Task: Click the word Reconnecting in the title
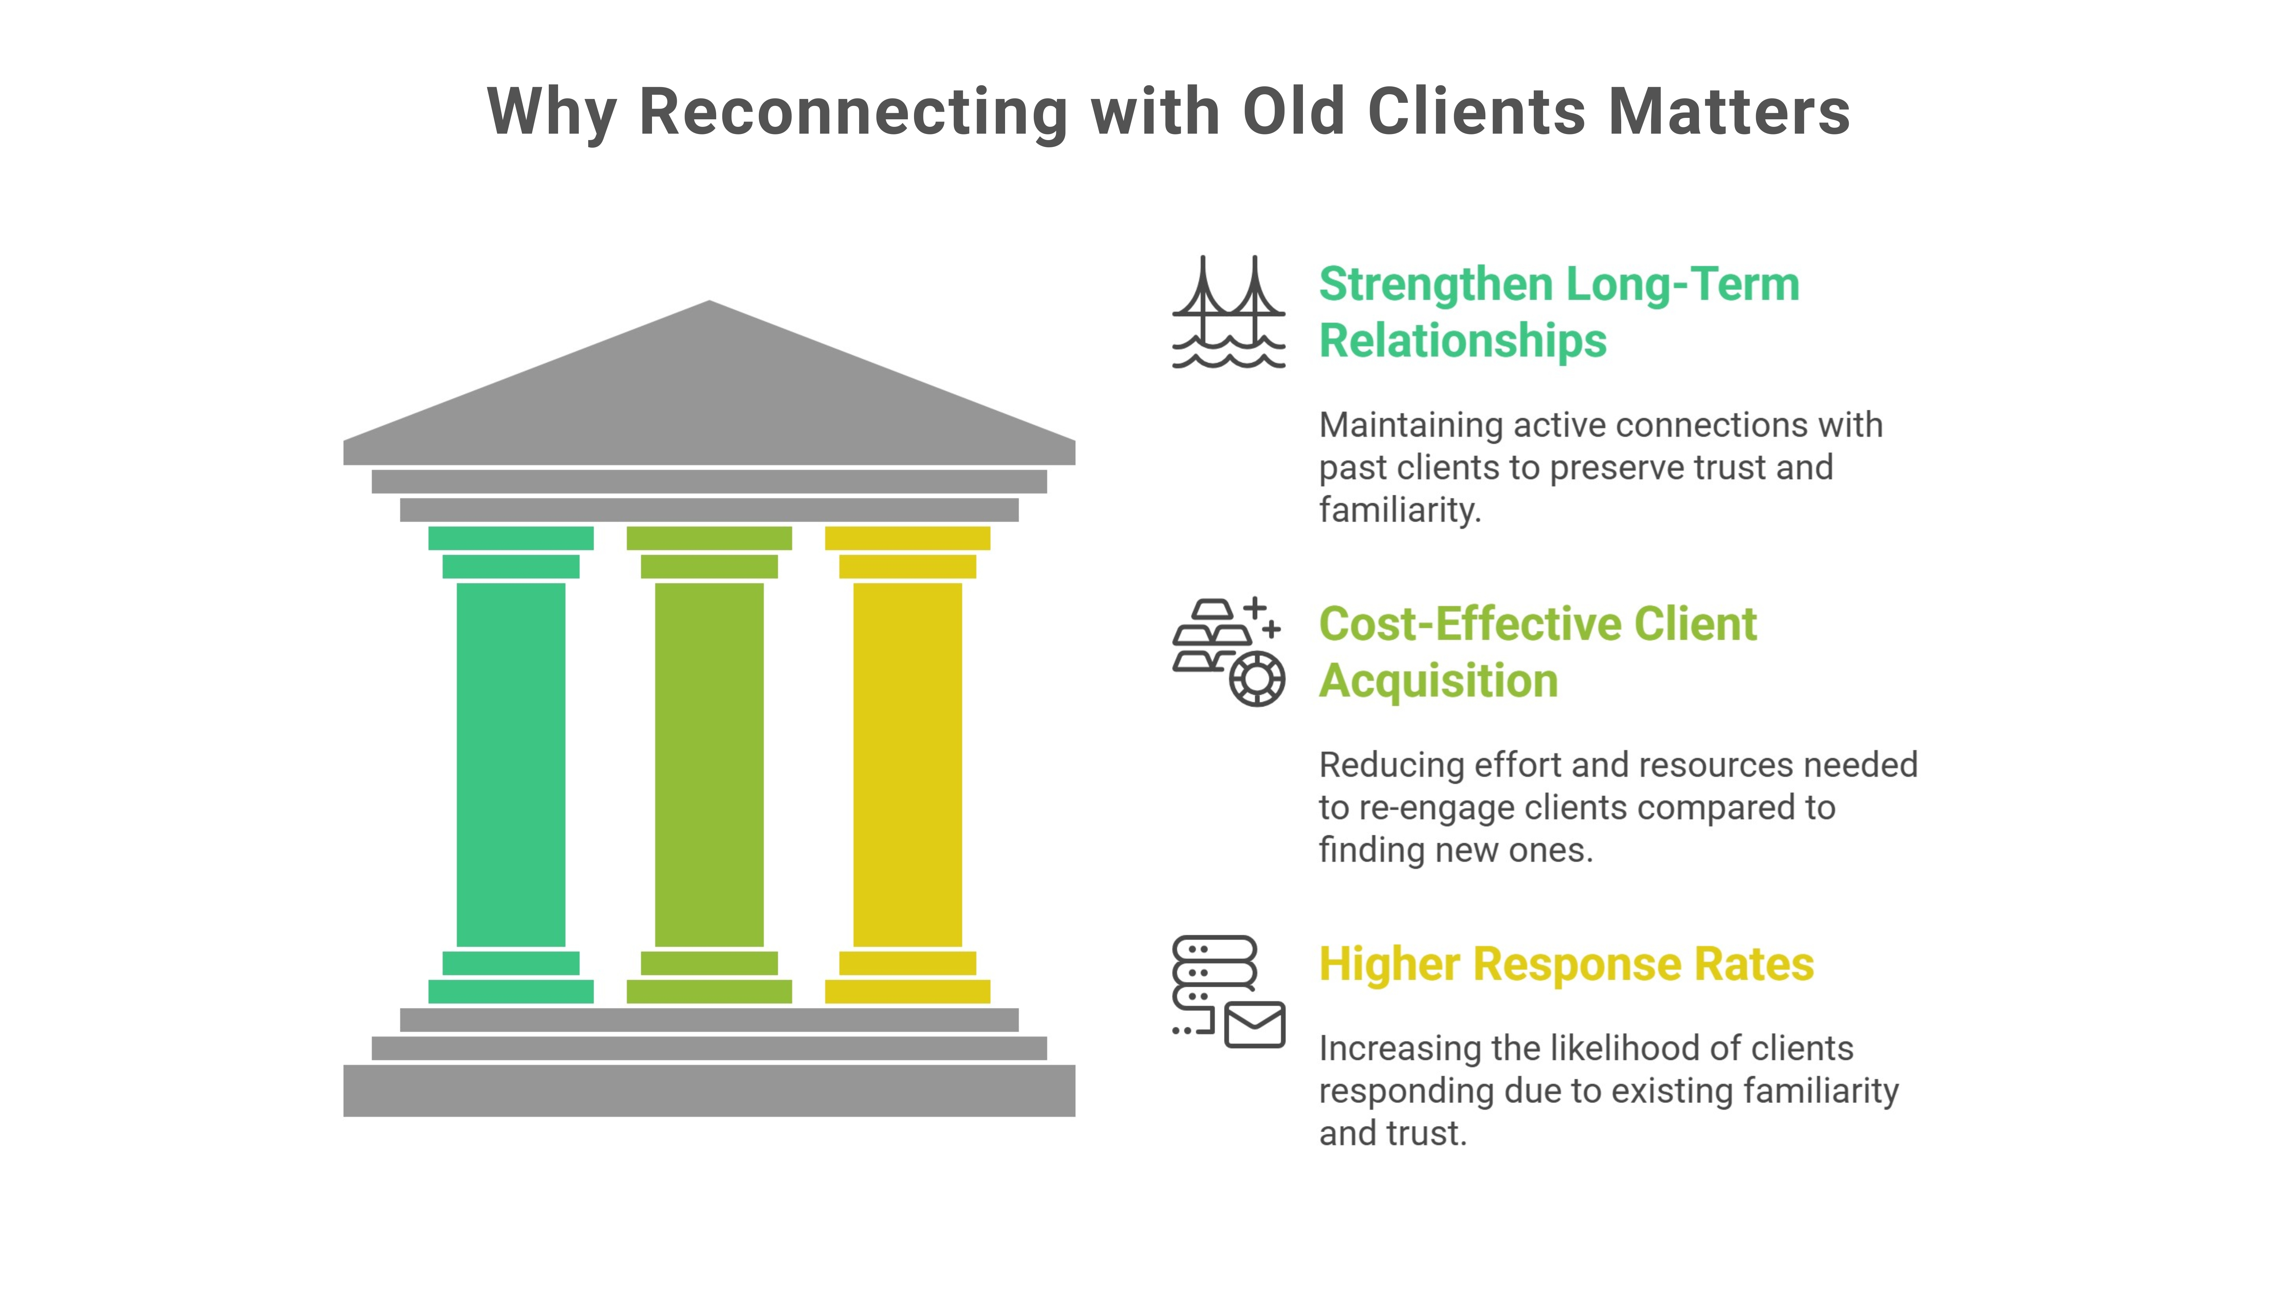click(x=853, y=113)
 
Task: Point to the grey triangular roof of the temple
click(x=709, y=392)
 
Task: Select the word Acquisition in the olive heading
click(x=1438, y=681)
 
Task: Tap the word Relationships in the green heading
click(x=1462, y=341)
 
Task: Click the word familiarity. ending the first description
click(x=1399, y=510)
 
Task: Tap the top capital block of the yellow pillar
click(x=908, y=538)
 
